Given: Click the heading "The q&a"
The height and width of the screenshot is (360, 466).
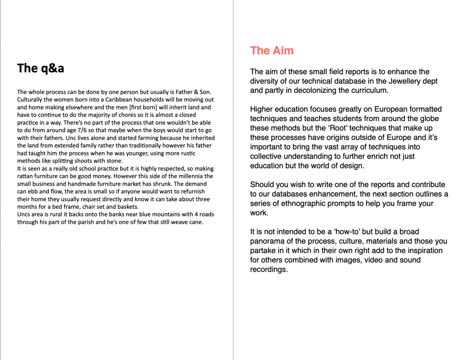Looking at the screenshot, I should point(41,68).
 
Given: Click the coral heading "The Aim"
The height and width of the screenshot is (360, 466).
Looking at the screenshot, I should point(272,51).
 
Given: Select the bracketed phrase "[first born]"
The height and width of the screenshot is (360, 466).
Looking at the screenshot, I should point(129,107).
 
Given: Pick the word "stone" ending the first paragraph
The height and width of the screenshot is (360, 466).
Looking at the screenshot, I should point(114,161).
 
